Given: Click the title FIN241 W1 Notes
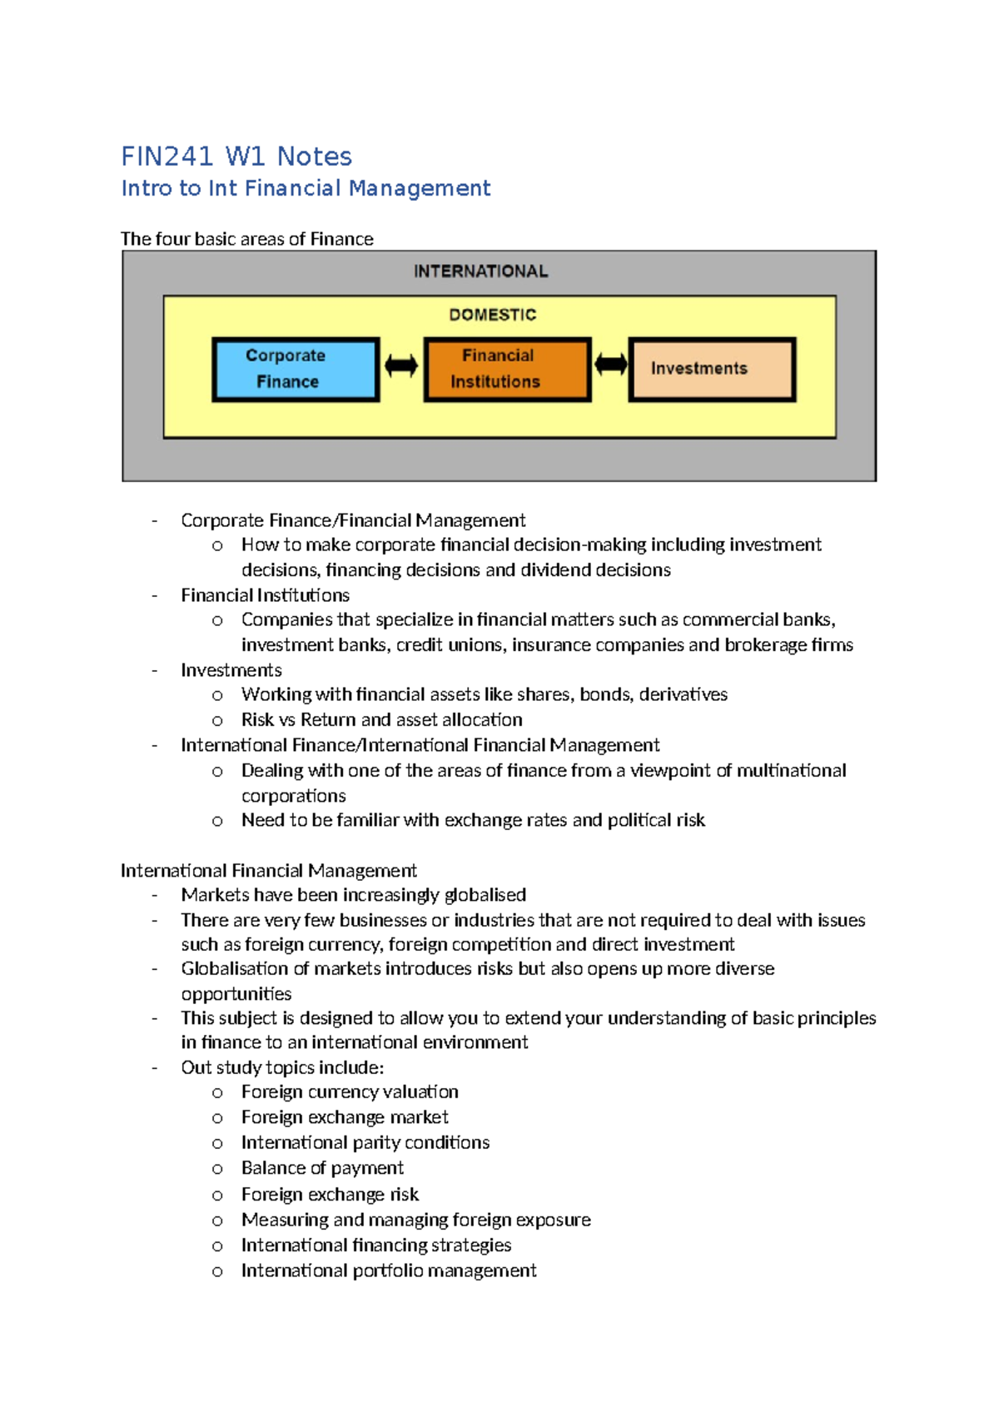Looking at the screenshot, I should (x=236, y=157).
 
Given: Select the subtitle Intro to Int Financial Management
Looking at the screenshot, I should (x=306, y=189).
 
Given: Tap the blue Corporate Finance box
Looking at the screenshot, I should (x=296, y=369).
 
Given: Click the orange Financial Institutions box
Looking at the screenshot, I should (x=507, y=369).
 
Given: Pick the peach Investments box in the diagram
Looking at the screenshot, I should (x=712, y=369).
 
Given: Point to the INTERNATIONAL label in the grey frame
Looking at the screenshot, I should (x=481, y=271).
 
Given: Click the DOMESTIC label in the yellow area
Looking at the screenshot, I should (x=493, y=315).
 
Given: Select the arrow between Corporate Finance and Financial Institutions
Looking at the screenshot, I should (x=401, y=365).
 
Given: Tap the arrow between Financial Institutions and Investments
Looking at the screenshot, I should (x=610, y=365).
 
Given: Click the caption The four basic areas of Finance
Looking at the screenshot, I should (x=247, y=239).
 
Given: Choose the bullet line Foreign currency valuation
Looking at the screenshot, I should (x=350, y=1091).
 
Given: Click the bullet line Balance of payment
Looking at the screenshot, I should (x=322, y=1168).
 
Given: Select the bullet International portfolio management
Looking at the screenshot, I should (x=389, y=1270).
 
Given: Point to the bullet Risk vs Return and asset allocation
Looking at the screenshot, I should (x=382, y=719).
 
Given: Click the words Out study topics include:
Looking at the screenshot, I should (x=282, y=1067).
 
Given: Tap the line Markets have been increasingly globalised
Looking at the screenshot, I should (x=353, y=895).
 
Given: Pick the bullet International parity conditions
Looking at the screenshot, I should (x=365, y=1142).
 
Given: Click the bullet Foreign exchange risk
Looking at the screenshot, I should (x=330, y=1195).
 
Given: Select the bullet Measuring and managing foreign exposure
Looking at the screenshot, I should (x=416, y=1220).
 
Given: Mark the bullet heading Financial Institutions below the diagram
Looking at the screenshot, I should (x=265, y=595).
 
